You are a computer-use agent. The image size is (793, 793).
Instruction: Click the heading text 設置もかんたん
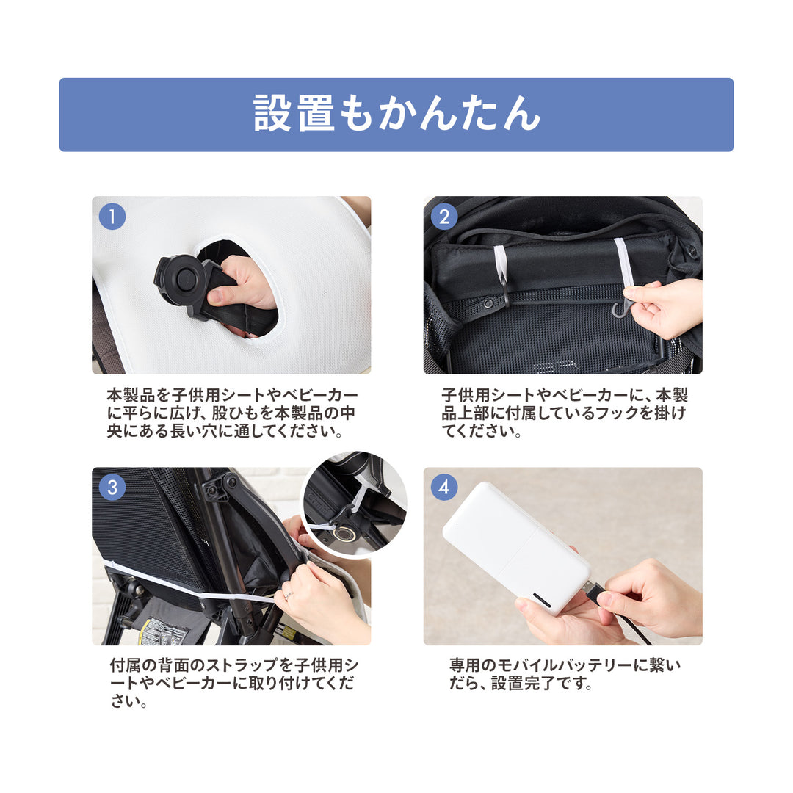click(x=397, y=113)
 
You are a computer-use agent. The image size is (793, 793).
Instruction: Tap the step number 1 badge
click(x=112, y=217)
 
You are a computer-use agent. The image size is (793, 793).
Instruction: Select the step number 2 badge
click(x=444, y=217)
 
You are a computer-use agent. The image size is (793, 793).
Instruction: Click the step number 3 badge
click(x=112, y=487)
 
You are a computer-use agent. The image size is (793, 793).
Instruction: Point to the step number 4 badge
click(x=444, y=487)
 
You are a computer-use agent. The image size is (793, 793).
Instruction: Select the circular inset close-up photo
click(x=355, y=504)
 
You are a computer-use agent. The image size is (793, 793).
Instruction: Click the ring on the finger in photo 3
click(x=289, y=595)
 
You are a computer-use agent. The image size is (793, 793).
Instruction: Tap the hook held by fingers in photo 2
click(x=621, y=308)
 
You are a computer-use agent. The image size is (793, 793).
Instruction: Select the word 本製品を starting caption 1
click(x=138, y=394)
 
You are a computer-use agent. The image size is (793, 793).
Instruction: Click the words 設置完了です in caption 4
click(x=537, y=684)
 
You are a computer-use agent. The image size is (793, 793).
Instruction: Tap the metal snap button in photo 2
click(x=488, y=304)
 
